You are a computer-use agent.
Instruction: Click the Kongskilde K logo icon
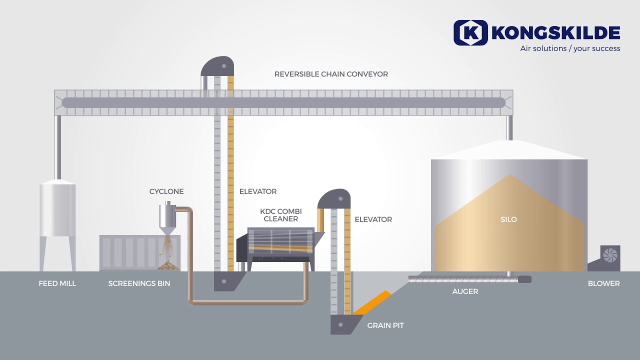(x=470, y=32)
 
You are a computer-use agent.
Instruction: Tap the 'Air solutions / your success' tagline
(x=570, y=48)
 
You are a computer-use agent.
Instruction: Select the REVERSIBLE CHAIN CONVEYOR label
(x=331, y=74)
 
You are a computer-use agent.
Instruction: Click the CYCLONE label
(x=166, y=191)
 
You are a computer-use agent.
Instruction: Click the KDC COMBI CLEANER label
(x=280, y=215)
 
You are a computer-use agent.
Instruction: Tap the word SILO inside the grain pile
(x=508, y=219)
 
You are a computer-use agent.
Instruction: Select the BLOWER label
(x=603, y=283)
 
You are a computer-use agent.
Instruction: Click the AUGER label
(x=465, y=291)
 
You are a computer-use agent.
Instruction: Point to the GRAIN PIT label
(x=385, y=325)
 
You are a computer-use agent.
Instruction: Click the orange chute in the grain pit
(x=372, y=302)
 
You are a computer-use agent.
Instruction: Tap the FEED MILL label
(x=57, y=283)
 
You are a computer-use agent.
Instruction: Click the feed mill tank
(x=57, y=210)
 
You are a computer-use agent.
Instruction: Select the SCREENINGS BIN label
(x=139, y=283)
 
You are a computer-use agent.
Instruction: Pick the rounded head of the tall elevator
(x=217, y=66)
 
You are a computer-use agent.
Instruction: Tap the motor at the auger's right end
(x=524, y=279)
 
